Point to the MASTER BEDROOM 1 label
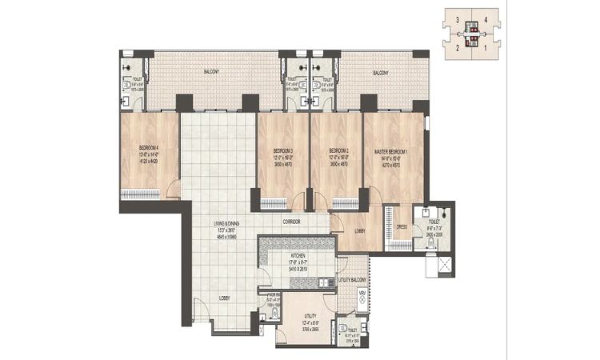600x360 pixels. click(x=392, y=150)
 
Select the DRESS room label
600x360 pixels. click(x=402, y=227)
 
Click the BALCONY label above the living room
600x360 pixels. click(x=211, y=71)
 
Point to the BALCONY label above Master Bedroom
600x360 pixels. click(x=381, y=73)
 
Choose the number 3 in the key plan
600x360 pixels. click(x=457, y=18)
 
